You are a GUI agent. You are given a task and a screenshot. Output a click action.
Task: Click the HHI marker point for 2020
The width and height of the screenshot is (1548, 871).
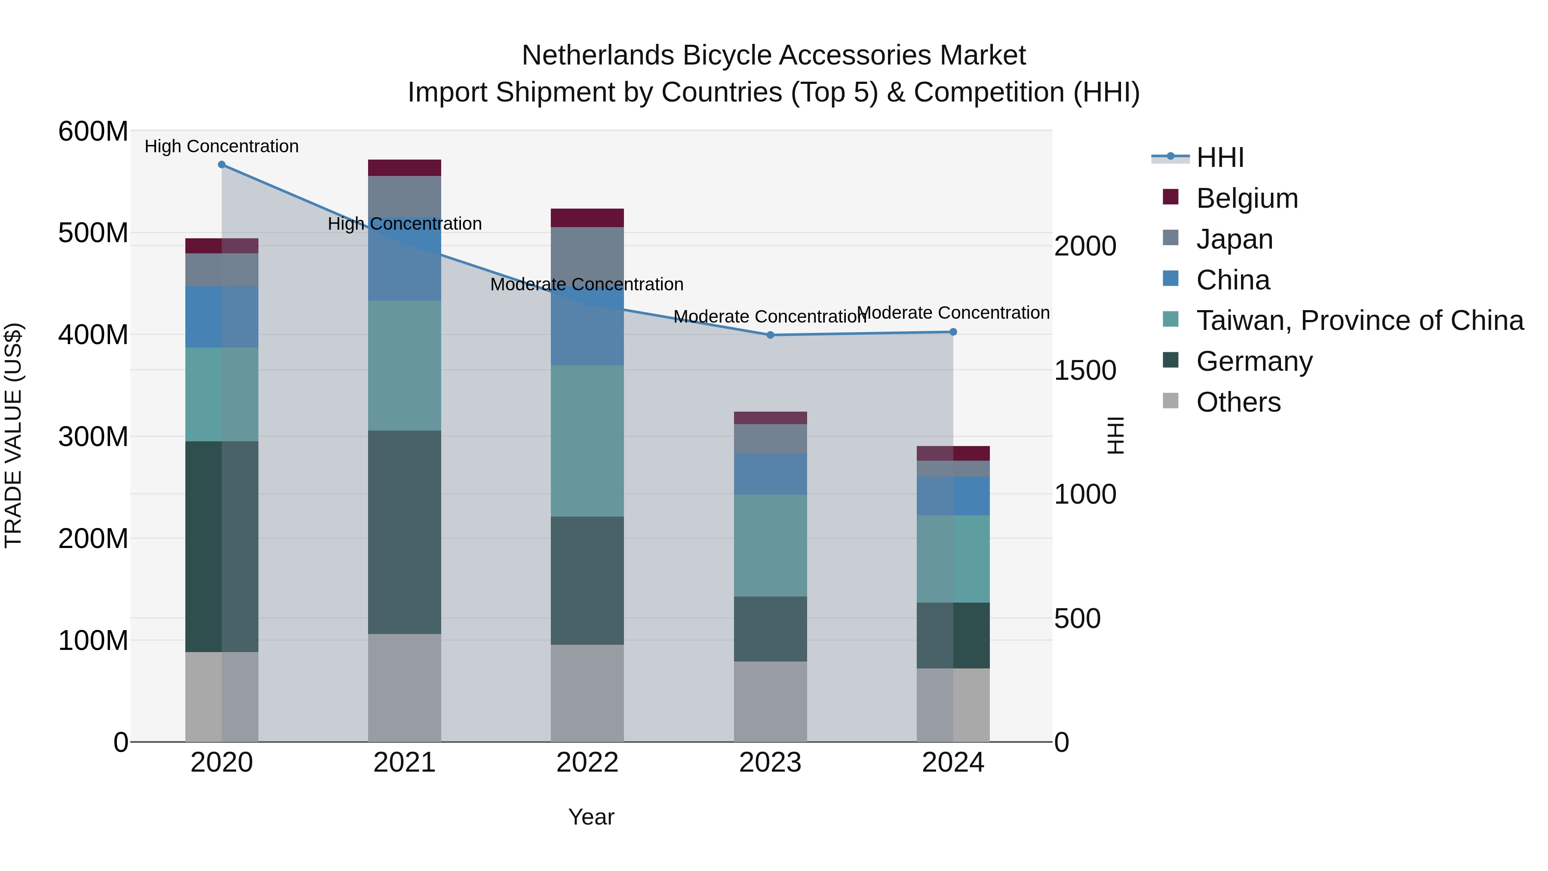(222, 165)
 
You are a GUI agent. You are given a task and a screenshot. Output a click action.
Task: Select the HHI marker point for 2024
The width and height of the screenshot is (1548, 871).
(953, 332)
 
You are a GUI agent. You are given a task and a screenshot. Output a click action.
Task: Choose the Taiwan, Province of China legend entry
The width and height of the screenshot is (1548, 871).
(1359, 320)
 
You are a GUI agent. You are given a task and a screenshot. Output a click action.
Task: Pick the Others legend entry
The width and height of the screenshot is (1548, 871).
(1238, 402)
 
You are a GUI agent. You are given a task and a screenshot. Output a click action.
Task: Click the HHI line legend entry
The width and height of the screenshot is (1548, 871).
(1220, 157)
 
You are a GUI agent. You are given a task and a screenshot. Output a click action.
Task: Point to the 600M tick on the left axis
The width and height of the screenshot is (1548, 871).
(93, 131)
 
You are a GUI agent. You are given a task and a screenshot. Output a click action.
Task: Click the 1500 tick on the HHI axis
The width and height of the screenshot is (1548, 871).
(1085, 370)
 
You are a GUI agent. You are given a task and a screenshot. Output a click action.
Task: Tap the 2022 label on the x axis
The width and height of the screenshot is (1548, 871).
(587, 763)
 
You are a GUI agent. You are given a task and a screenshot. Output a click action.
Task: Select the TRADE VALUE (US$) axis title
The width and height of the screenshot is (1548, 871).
(13, 436)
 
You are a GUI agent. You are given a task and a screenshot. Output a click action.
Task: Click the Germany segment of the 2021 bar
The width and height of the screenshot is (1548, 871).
(405, 532)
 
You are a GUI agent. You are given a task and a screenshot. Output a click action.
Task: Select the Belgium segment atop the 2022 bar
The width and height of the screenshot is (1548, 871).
(587, 218)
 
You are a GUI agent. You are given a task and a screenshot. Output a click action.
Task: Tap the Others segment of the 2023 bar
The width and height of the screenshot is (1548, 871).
(771, 702)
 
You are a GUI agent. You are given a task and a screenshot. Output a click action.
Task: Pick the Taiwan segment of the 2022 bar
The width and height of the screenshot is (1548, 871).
(587, 440)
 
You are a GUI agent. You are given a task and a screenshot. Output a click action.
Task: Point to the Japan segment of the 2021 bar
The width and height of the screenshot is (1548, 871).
(405, 196)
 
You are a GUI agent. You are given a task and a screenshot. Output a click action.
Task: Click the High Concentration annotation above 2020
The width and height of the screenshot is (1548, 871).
(222, 146)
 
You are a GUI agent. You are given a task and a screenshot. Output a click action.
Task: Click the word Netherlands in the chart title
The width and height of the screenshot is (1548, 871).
(599, 55)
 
